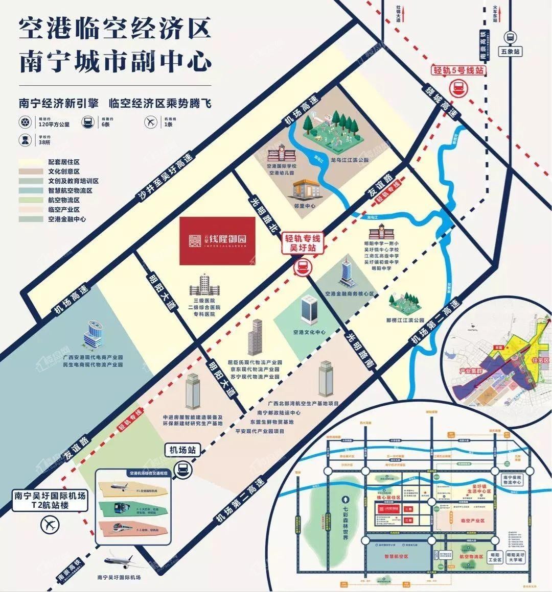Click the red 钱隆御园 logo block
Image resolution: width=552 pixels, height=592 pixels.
[218, 240]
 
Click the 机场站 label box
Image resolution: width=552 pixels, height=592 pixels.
[180, 450]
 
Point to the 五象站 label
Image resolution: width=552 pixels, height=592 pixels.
[510, 52]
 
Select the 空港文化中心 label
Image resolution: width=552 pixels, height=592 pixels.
[309, 332]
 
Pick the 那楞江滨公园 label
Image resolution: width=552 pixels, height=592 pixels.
[405, 320]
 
